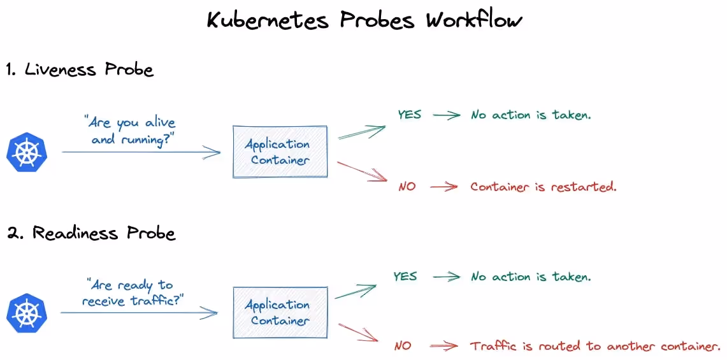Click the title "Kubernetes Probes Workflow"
[364, 20]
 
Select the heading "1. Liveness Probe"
[80, 69]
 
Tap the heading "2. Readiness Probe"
[90, 233]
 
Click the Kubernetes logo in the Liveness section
[27, 152]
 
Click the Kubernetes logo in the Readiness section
[27, 313]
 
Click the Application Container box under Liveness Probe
[280, 152]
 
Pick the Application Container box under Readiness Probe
[280, 313]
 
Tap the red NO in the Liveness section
[407, 187]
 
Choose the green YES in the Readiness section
[405, 277]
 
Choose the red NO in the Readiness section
[403, 346]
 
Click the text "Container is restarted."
[543, 187]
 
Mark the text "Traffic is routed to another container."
[595, 346]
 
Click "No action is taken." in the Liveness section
[531, 115]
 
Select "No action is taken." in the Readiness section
[531, 277]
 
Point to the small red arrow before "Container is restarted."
[443, 187]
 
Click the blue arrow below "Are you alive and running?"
[141, 152]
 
